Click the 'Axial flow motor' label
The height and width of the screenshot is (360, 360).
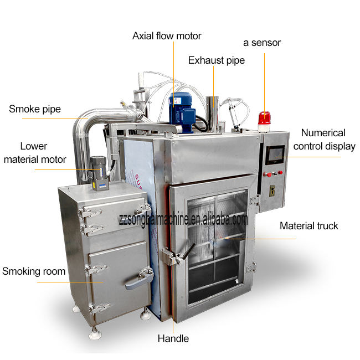click(x=167, y=36)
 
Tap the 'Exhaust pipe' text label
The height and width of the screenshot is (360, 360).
click(x=216, y=60)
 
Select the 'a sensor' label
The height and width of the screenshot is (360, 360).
click(x=262, y=43)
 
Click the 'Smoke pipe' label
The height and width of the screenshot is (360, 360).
click(x=35, y=109)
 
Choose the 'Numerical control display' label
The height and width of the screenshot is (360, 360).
click(x=324, y=140)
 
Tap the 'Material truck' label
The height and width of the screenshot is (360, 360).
click(x=308, y=226)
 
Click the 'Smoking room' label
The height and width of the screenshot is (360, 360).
click(x=34, y=271)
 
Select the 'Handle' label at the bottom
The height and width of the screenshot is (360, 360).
click(x=173, y=338)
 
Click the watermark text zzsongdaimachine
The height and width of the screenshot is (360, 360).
click(x=183, y=219)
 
